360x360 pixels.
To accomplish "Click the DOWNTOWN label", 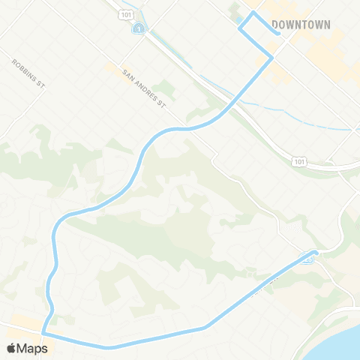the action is [x=301, y=25].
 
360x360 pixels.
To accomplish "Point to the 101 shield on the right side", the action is [x=300, y=161].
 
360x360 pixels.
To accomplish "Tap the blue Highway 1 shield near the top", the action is [x=138, y=28].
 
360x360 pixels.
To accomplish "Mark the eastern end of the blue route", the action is [x=317, y=253].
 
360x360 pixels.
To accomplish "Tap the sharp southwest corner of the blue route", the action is [x=43, y=333].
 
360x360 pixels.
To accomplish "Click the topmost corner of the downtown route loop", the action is [x=252, y=13].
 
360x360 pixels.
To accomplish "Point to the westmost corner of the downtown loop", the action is [x=240, y=28].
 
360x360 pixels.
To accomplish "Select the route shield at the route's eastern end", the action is [x=308, y=259].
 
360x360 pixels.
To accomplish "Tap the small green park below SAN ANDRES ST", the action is [x=164, y=91].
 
